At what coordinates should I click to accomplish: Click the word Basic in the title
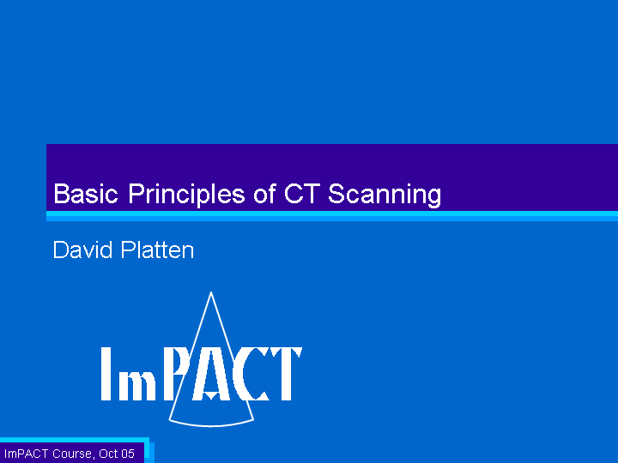86,193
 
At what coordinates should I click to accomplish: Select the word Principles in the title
186,194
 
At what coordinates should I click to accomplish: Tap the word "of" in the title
264,193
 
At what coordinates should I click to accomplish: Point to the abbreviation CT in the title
300,193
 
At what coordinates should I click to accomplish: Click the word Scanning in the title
385,195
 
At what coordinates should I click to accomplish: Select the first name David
82,250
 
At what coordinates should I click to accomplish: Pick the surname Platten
157,250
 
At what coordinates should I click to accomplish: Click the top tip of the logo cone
211,292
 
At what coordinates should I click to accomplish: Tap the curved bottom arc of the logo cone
211,424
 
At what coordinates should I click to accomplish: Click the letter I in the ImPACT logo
106,374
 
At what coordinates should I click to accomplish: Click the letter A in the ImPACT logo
211,374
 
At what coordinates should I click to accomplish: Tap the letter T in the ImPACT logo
286,374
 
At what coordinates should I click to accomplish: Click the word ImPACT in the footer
26,454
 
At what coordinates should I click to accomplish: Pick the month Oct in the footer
107,454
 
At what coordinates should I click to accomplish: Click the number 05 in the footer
128,454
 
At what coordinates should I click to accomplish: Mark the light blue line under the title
332,216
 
